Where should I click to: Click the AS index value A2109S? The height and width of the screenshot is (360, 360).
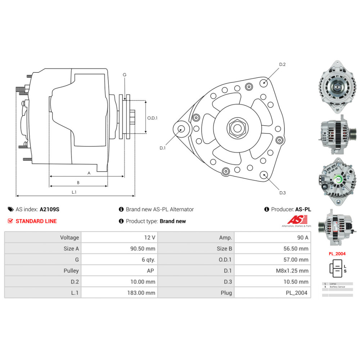(49, 209)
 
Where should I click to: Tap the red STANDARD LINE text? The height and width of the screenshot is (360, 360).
(36, 221)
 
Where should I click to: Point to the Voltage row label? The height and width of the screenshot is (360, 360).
(69, 238)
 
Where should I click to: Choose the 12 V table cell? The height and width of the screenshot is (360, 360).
(149, 238)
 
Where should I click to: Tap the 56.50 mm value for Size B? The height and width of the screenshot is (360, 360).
(296, 248)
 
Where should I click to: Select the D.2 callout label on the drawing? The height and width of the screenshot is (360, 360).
(282, 64)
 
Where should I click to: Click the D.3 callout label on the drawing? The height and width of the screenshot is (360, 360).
(282, 193)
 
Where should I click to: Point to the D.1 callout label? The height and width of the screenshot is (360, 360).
(162, 148)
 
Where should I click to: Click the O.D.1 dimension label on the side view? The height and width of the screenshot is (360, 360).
(153, 117)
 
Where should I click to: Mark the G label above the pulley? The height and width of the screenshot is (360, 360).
(125, 75)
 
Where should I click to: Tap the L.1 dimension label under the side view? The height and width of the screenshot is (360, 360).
(73, 192)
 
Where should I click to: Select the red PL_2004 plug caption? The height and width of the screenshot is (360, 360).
(337, 253)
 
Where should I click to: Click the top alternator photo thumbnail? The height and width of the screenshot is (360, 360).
(337, 86)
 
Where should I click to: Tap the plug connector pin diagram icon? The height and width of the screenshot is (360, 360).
(336, 269)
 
